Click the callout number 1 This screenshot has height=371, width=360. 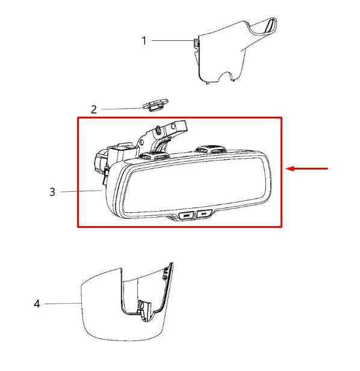(x=144, y=41)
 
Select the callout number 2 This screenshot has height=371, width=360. (x=94, y=109)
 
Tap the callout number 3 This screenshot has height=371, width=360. (x=52, y=192)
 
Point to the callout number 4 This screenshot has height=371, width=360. (x=37, y=304)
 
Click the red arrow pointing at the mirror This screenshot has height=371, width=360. (x=307, y=169)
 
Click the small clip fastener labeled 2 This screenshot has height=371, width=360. (x=155, y=106)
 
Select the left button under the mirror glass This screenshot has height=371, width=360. (x=188, y=214)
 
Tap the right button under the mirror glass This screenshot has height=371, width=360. (x=205, y=213)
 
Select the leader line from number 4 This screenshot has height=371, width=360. (x=63, y=304)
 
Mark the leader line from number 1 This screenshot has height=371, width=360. (x=171, y=40)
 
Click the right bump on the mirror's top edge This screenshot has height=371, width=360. (x=211, y=149)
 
